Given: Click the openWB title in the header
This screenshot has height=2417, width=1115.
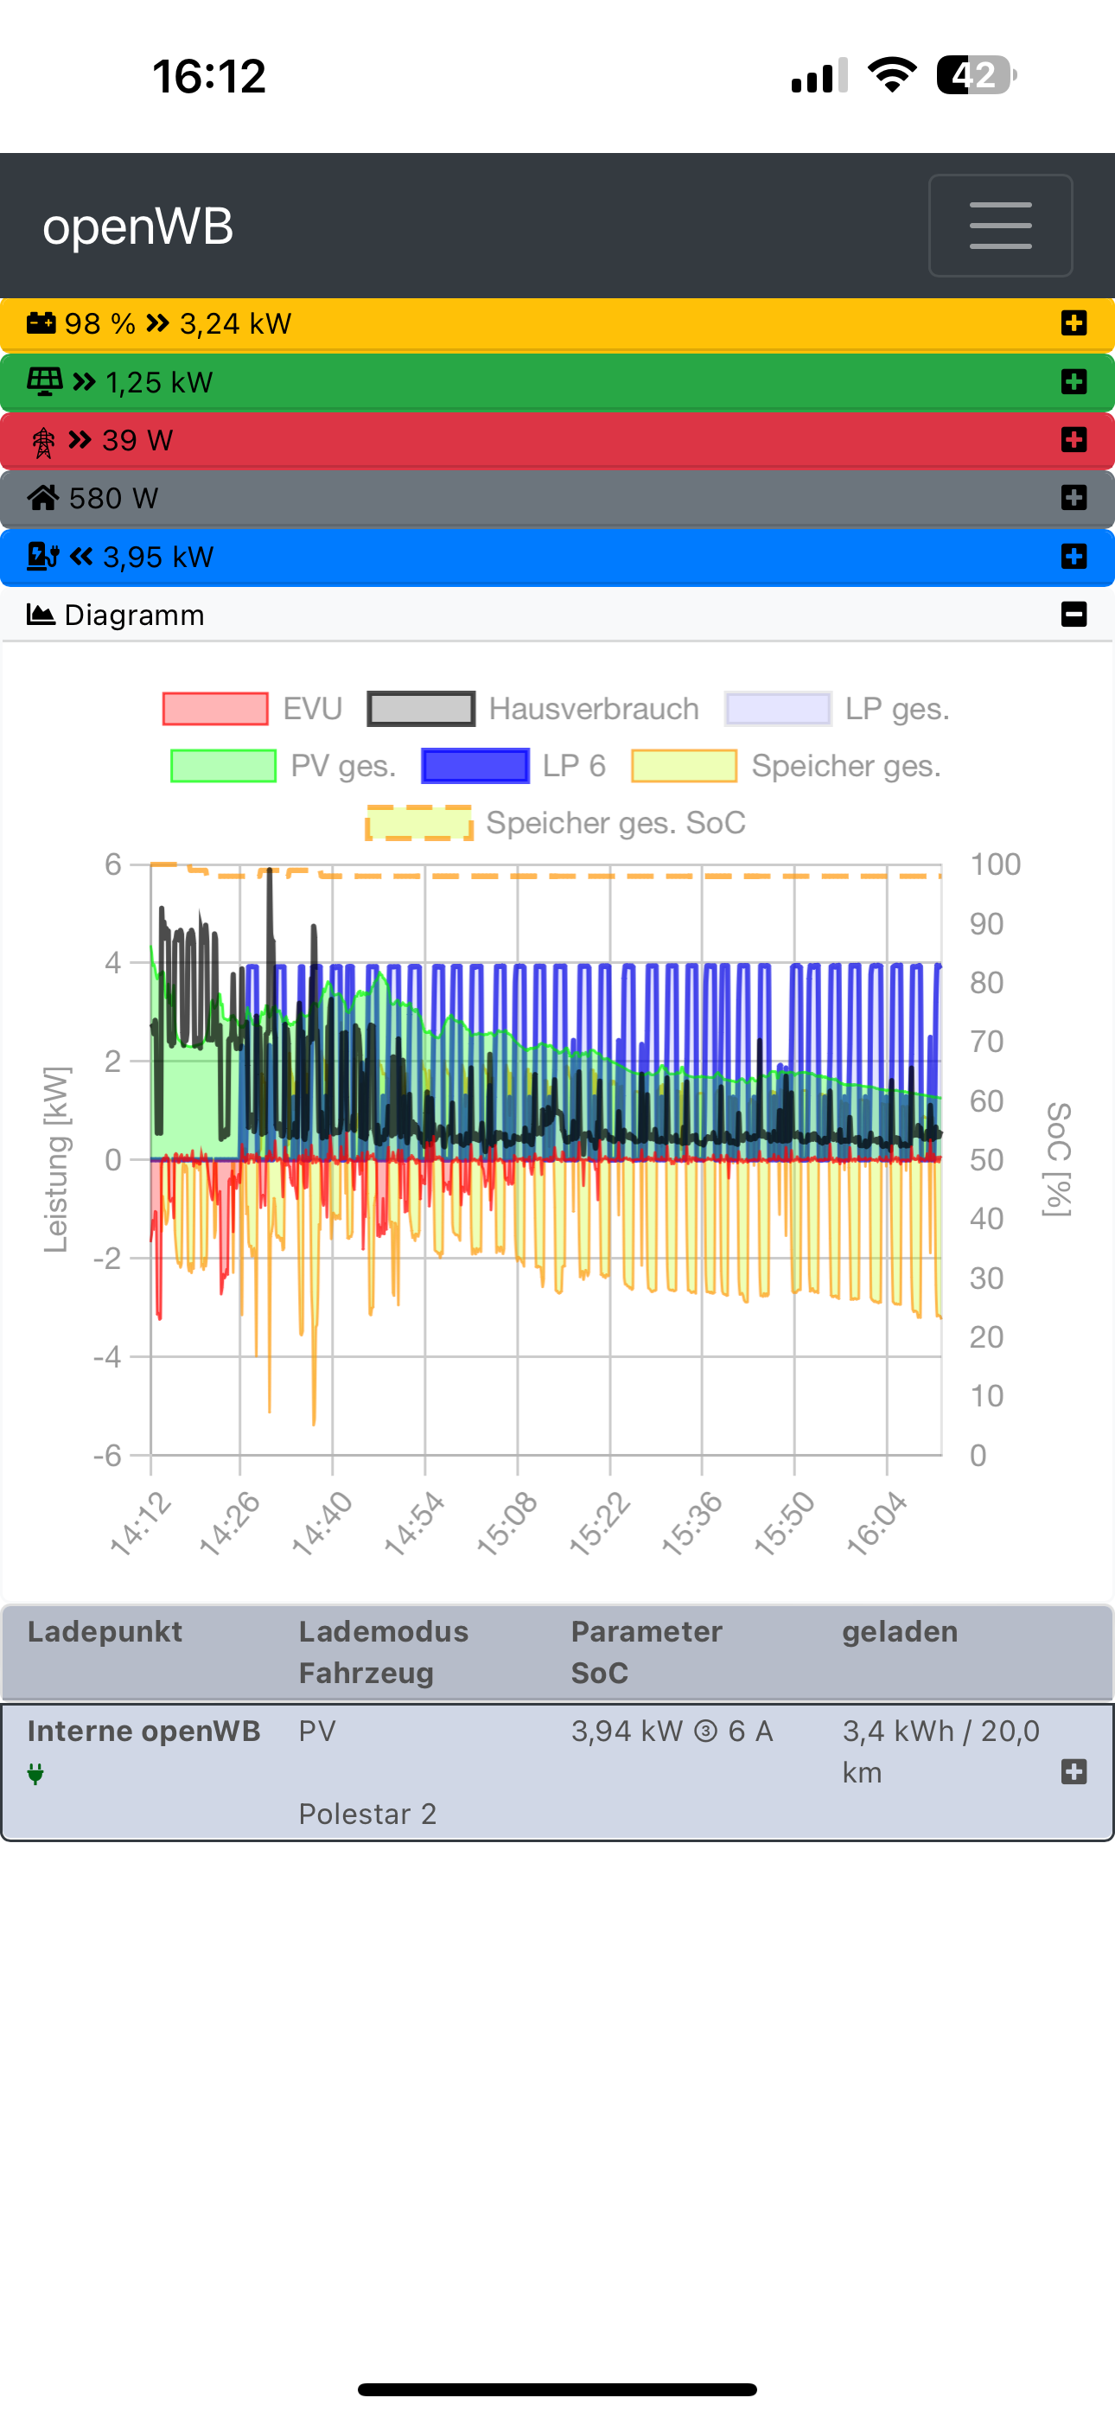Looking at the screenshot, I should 138,227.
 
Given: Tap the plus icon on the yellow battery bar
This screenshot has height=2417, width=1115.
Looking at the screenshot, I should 1074,323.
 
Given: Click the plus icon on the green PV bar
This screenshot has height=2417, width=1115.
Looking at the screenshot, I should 1074,382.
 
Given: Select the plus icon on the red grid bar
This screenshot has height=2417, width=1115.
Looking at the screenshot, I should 1074,440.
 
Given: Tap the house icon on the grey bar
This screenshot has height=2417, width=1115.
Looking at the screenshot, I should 43,498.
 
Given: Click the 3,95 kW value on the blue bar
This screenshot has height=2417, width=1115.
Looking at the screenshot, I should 159,558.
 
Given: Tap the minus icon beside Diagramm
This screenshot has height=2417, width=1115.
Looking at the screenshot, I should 1074,615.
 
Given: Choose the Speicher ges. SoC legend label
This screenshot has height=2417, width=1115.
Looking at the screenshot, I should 615,823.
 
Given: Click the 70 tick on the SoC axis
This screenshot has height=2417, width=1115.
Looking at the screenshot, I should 986,1042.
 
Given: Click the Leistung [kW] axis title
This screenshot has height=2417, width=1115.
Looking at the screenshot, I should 56,1160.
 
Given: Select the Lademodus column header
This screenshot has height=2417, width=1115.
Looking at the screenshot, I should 383,1632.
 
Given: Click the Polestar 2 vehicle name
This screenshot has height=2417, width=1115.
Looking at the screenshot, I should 367,1814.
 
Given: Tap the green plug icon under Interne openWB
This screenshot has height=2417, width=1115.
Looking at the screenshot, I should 35,1773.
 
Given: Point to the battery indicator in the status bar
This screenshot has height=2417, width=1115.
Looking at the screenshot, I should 976,76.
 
